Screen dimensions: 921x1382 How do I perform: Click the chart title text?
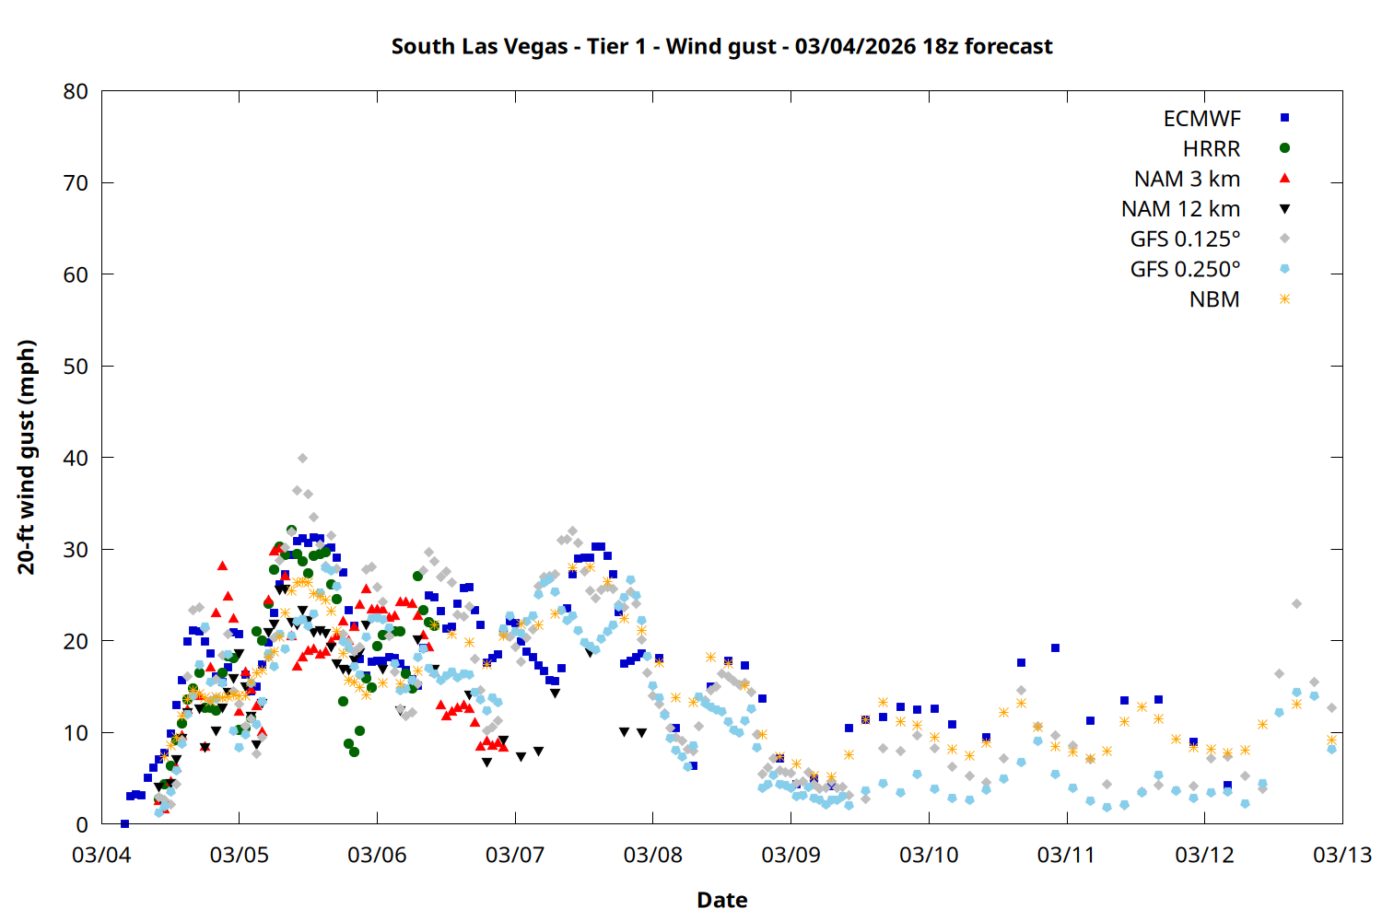tap(721, 46)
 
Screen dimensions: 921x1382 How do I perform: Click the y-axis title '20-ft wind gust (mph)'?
tap(27, 457)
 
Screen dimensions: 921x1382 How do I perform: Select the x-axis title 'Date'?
tap(721, 900)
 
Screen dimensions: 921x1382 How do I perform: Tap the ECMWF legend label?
tap(1201, 119)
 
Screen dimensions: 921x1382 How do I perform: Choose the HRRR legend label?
tap(1212, 149)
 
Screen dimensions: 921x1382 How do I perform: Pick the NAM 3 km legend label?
tap(1187, 179)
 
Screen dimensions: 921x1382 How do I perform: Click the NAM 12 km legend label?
tap(1180, 209)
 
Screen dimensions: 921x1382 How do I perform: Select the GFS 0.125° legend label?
tap(1185, 239)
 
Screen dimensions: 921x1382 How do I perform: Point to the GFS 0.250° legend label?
tap(1185, 270)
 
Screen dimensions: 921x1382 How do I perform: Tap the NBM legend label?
tap(1214, 299)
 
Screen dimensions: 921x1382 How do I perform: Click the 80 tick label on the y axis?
tap(76, 91)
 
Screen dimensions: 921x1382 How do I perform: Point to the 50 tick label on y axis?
tap(76, 366)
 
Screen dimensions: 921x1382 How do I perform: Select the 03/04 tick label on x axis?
tap(101, 855)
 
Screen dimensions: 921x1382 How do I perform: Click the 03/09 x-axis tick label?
tap(791, 855)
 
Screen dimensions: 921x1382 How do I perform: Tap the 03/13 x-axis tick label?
tap(1341, 855)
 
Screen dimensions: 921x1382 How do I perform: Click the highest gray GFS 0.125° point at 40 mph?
tap(302, 458)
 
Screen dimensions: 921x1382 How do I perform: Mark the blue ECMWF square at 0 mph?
tap(124, 823)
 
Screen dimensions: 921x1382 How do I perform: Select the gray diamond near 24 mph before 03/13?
tap(1296, 604)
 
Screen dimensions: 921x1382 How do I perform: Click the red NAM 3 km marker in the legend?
tap(1284, 179)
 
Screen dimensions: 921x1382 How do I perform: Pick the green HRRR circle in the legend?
tap(1284, 148)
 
